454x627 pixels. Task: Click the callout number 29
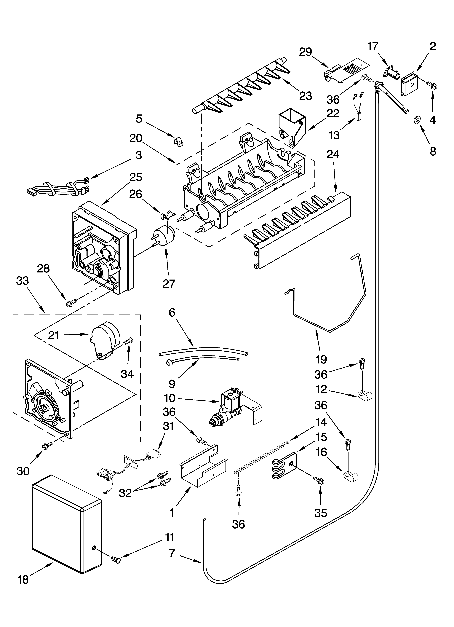[306, 52]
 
